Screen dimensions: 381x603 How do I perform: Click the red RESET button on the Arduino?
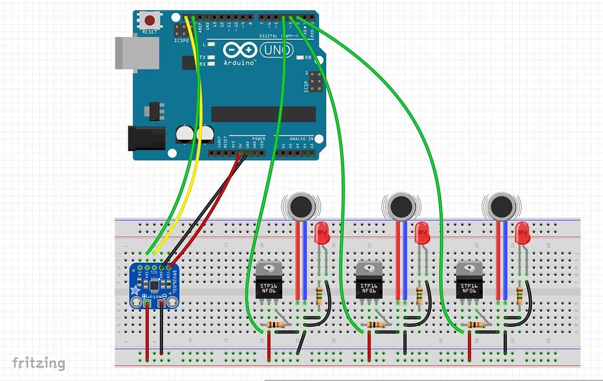click(x=150, y=20)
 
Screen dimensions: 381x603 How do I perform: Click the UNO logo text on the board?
click(x=274, y=52)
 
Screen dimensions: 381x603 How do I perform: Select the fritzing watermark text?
click(x=39, y=363)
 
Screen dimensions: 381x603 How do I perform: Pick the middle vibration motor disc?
click(x=401, y=206)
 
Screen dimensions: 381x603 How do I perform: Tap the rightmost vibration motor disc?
click(x=501, y=206)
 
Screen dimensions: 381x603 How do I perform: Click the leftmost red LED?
click(x=322, y=233)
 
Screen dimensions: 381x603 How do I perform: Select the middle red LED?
click(x=422, y=233)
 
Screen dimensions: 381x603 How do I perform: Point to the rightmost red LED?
click(x=522, y=233)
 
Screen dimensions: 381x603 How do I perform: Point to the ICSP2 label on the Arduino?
click(x=181, y=41)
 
